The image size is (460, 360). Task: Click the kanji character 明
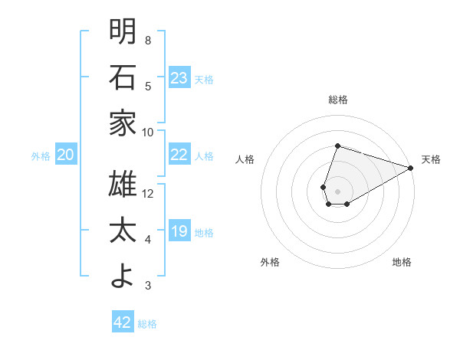coord(123,31)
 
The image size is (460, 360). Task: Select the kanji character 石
coord(123,77)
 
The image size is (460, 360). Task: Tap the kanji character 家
coord(123,123)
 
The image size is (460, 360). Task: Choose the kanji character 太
coord(123,231)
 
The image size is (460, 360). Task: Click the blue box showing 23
coord(179,77)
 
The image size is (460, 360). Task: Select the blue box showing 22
coord(179,155)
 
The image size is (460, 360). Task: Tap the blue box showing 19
coord(179,231)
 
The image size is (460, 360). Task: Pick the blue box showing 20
coord(65,155)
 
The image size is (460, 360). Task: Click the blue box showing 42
coord(123,322)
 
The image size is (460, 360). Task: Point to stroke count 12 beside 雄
coord(148,193)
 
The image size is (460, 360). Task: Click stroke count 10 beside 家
coord(148,132)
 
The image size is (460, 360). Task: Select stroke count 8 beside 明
coord(148,40)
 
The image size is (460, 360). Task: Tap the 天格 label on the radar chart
coord(431,159)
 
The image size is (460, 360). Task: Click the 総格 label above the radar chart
coord(337,100)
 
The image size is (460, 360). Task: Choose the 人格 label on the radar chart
coord(245,159)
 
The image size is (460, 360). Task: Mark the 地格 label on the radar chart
coord(402,262)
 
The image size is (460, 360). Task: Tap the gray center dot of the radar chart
coord(337,189)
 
